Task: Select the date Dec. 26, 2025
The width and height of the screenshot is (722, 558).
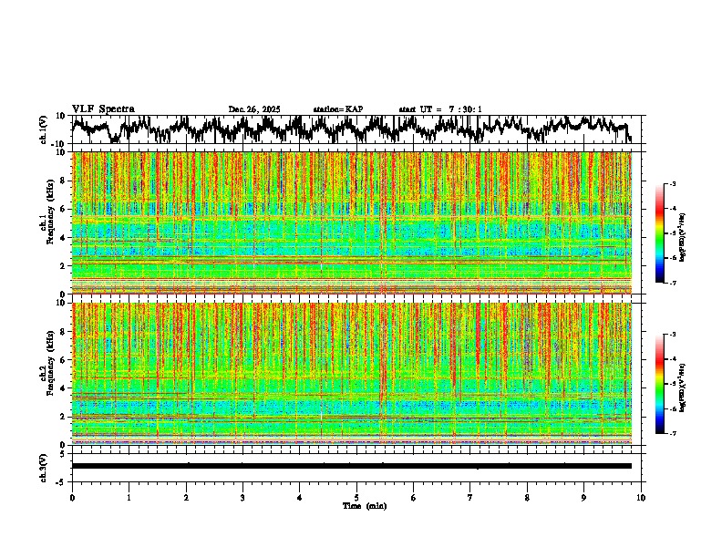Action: pos(254,109)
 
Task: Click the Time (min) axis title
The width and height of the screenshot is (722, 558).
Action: pos(364,505)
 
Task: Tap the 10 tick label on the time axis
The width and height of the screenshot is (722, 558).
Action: pos(641,497)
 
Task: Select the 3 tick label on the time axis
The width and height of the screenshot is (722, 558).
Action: pos(242,497)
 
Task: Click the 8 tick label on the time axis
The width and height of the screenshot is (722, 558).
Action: pos(527,497)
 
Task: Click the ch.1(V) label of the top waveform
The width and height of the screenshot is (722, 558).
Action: pos(44,129)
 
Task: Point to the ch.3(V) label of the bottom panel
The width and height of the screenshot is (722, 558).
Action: pos(44,466)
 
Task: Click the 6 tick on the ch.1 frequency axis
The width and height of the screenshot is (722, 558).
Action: pos(65,209)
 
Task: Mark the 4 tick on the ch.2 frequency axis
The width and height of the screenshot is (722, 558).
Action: pos(65,387)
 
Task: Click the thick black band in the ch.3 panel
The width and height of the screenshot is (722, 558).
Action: pos(351,466)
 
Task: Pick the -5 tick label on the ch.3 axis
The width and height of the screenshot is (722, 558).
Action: pos(63,480)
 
